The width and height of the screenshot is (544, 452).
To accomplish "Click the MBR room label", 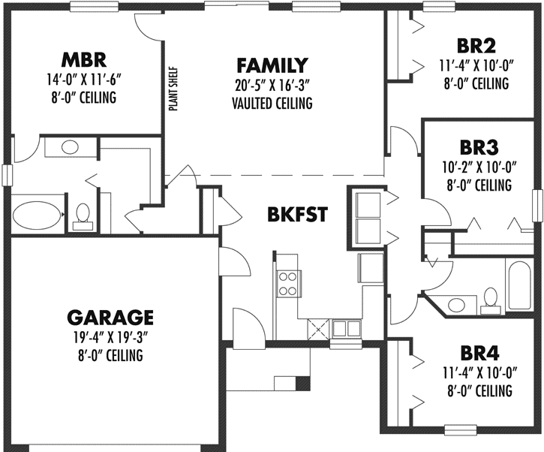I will click(x=84, y=59).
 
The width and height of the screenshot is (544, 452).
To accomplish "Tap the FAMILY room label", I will click(x=272, y=65).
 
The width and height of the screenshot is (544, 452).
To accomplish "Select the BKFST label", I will click(x=297, y=214).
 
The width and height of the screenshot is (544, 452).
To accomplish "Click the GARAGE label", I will click(x=110, y=317).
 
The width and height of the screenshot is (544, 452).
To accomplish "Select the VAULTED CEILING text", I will click(x=272, y=103).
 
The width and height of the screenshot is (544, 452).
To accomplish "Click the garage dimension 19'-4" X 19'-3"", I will click(x=110, y=336).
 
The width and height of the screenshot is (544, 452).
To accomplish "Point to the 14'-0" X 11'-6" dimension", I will click(x=84, y=78).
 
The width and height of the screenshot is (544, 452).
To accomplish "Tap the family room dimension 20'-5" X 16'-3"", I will click(x=272, y=84).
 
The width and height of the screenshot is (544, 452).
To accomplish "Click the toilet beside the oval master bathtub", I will click(x=83, y=215).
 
